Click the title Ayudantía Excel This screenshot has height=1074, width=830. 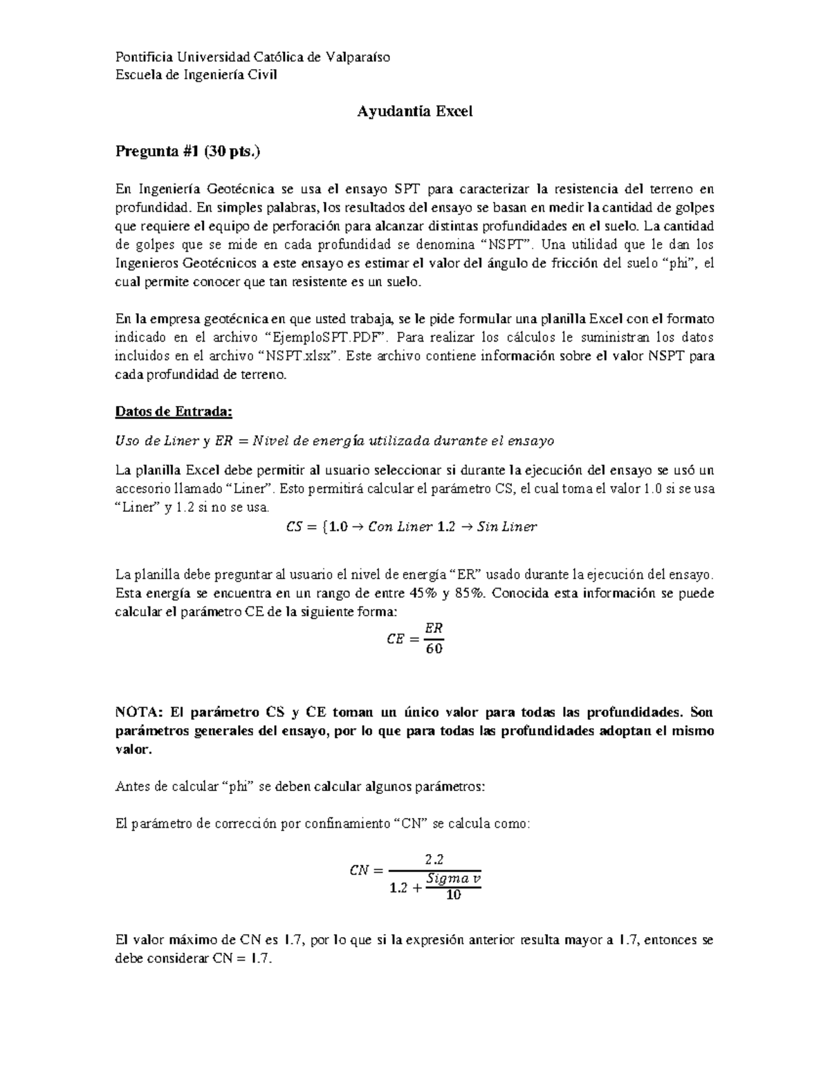[414, 111]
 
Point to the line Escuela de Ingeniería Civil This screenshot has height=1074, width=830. [196, 75]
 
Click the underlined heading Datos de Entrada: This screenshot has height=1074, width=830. [174, 412]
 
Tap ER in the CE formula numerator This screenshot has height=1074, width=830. [434, 628]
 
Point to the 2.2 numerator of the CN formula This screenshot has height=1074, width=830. [434, 859]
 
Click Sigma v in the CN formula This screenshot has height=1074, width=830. [453, 878]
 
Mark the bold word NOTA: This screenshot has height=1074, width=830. [138, 712]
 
